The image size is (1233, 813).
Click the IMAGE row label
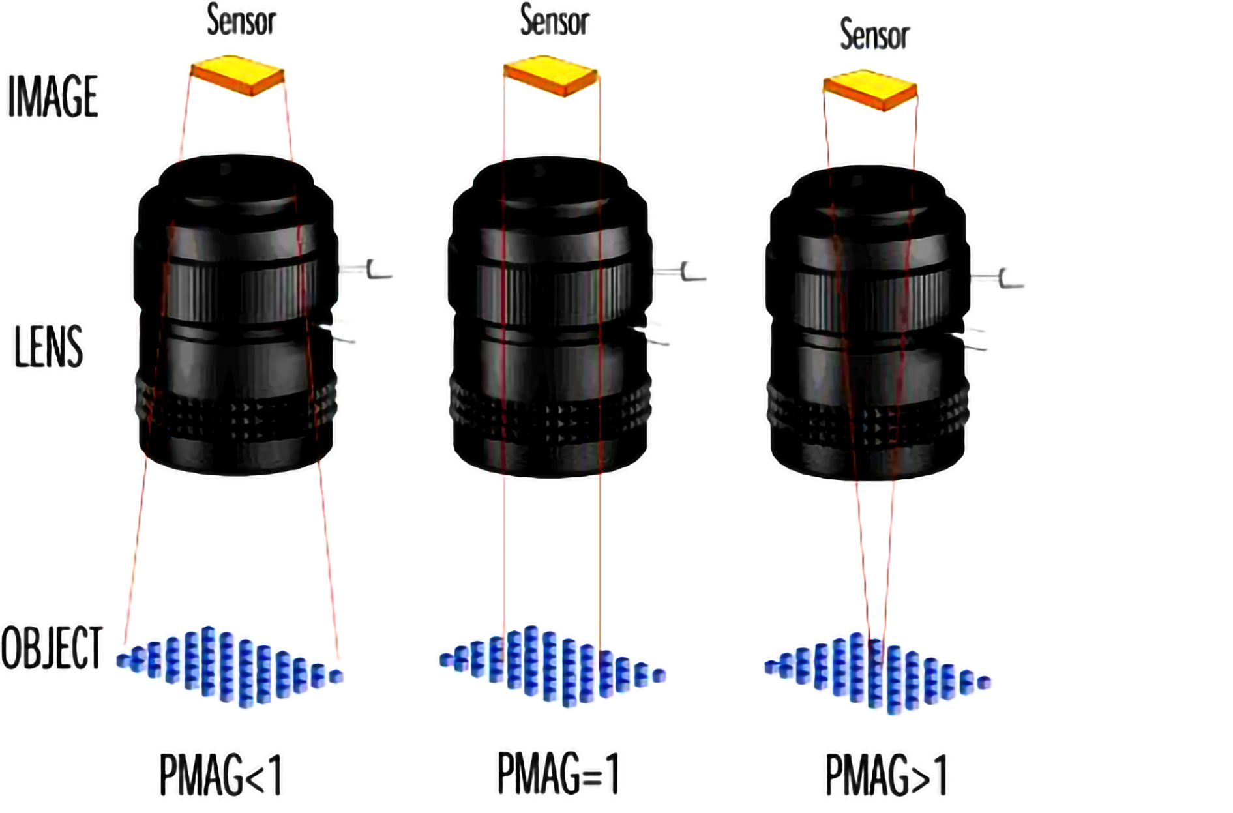coord(53,96)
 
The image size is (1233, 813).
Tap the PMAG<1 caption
coord(220,775)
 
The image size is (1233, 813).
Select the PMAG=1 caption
coord(557,773)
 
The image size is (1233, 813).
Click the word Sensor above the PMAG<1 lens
coord(241,20)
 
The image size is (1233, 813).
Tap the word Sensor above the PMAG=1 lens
coord(554,20)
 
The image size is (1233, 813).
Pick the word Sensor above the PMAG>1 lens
coord(874,35)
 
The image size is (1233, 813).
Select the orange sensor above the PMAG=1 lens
coord(550,75)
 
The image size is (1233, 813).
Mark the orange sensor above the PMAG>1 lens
coord(870,89)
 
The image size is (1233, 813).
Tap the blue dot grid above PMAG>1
coord(877,673)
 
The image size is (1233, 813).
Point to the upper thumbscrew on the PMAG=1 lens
coord(686,271)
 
